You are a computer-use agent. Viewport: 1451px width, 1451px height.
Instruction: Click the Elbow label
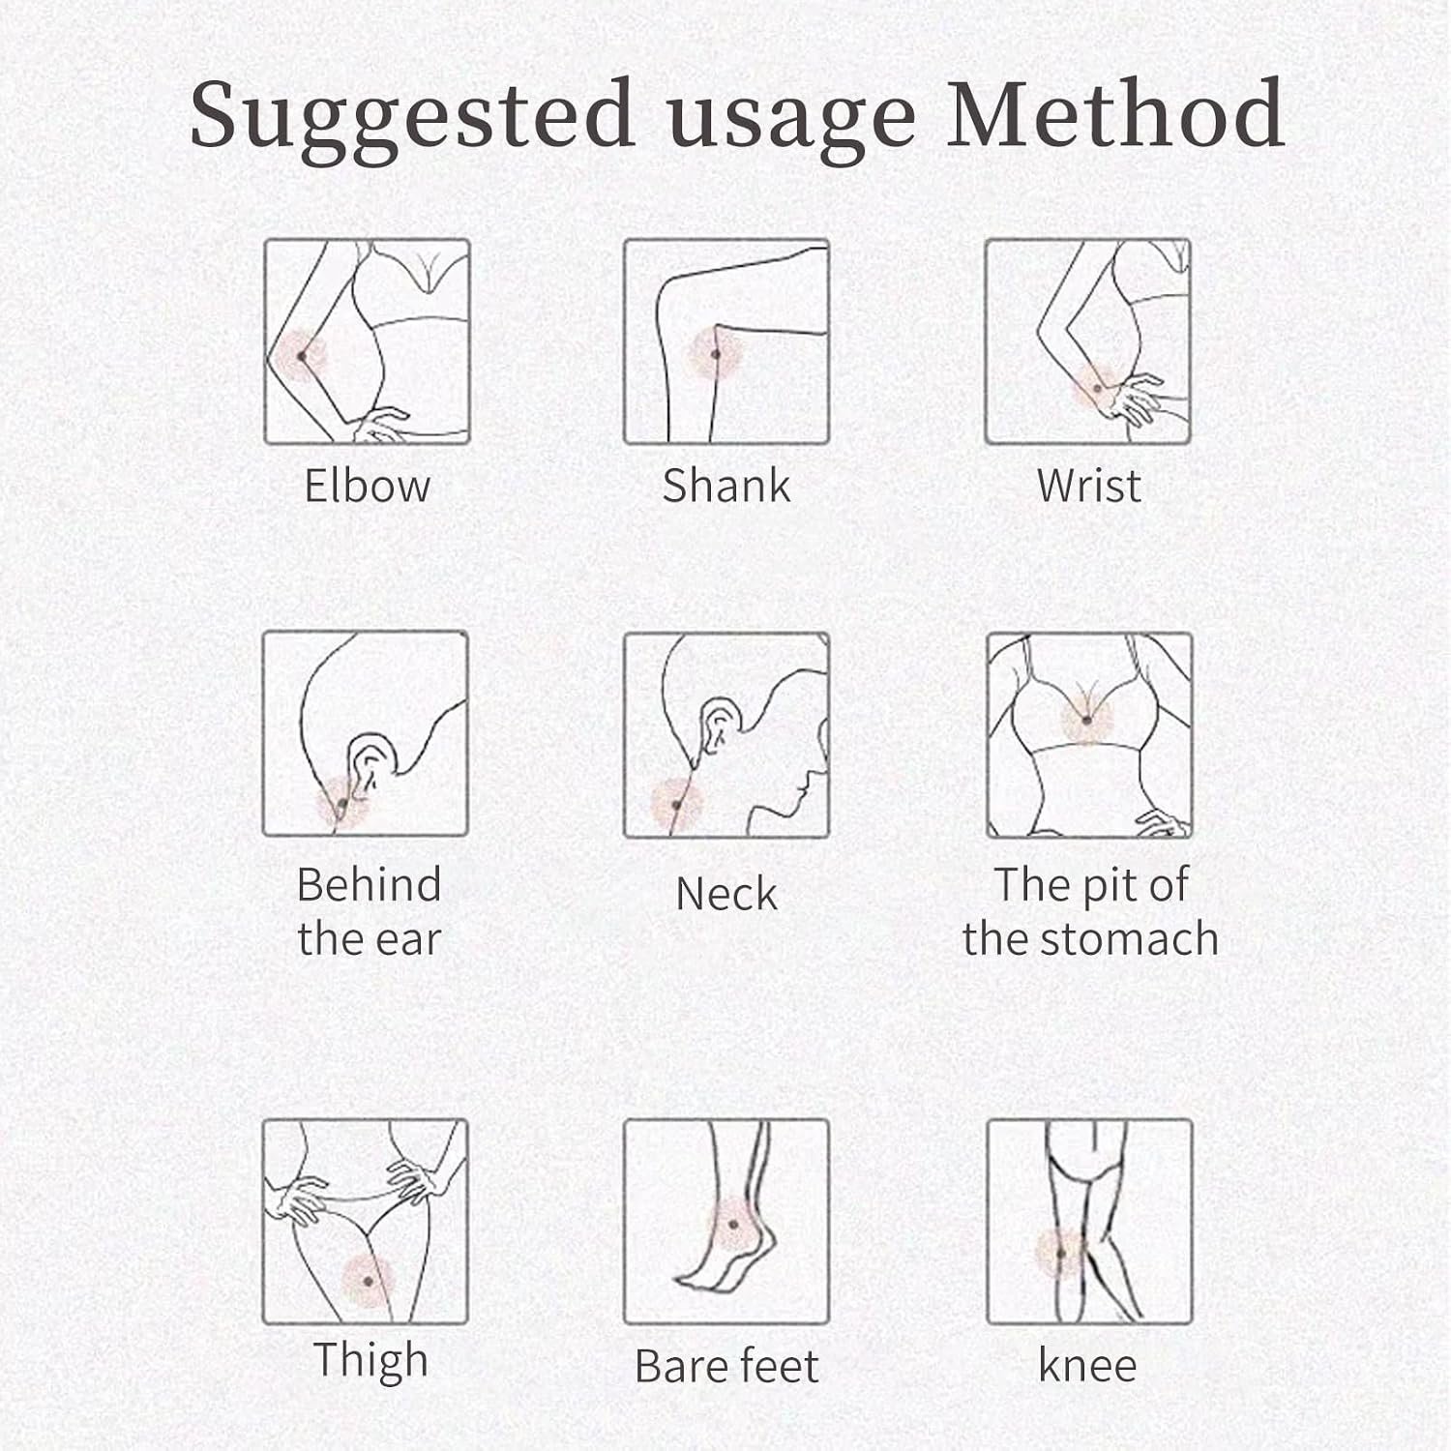pos(367,485)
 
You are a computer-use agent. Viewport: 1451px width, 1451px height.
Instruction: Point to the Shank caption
pos(726,485)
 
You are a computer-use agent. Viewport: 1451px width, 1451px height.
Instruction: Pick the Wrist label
pos(1088,485)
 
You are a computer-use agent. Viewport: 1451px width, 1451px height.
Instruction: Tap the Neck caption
pos(726,893)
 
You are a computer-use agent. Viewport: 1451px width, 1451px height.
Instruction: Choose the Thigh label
pos(370,1360)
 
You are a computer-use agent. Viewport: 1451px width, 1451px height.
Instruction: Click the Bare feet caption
pos(726,1366)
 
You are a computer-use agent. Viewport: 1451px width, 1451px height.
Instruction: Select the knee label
pos(1087,1366)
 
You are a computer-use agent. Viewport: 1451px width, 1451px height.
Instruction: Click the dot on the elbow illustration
pos(302,356)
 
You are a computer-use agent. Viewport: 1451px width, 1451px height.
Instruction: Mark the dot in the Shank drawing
pos(716,355)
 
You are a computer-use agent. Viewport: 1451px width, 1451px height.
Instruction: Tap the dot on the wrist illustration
pos(1098,389)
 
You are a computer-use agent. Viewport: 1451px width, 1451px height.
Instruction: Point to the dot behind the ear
pos(341,802)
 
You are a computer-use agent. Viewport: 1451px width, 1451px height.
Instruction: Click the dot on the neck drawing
pos(676,805)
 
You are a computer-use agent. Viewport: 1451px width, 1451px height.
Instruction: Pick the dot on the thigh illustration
pos(369,1281)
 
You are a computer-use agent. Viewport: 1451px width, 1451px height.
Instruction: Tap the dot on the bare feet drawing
pos(733,1225)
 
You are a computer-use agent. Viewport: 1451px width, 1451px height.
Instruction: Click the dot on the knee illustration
pos(1061,1254)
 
